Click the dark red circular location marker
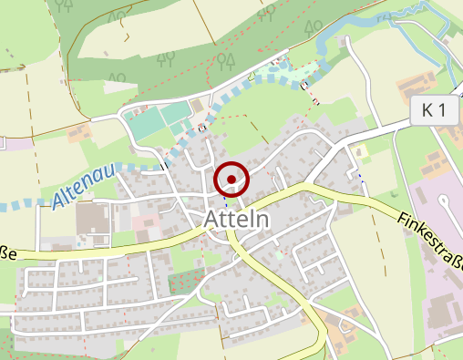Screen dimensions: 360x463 tap(232, 180)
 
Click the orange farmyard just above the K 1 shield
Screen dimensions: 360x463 tap(415, 87)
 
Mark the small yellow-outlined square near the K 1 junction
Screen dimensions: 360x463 tap(363, 151)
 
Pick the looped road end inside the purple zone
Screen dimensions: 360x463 tap(444, 199)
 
